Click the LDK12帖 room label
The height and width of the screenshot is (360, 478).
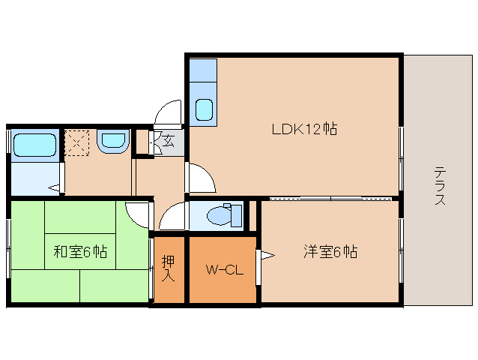(304, 129)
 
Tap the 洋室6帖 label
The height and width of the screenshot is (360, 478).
(330, 251)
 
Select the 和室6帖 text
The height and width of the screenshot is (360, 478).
(80, 252)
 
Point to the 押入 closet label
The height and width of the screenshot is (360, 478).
(169, 269)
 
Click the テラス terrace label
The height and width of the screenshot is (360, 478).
(440, 185)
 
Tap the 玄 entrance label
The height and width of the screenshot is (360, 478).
(169, 140)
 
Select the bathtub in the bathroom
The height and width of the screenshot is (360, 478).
(34, 144)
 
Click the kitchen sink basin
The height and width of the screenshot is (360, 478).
(204, 109)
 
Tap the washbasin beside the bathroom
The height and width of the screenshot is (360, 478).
(113, 140)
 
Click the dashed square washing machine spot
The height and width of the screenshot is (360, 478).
(76, 142)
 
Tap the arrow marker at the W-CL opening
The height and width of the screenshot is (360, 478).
(266, 256)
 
